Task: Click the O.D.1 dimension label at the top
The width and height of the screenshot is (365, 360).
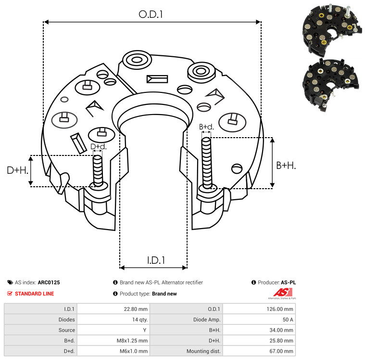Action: click(151, 14)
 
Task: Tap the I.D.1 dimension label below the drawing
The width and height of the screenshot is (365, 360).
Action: click(156, 260)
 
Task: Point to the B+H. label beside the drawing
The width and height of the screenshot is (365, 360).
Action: click(286, 166)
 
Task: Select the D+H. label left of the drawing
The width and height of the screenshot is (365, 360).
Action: click(17, 170)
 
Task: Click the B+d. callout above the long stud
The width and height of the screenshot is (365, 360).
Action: click(206, 127)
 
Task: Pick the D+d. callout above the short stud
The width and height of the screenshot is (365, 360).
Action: click(99, 147)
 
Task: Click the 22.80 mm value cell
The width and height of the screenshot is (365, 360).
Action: click(136, 309)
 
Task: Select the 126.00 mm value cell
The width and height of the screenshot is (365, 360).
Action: click(280, 309)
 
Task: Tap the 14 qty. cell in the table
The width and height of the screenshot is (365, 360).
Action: click(140, 320)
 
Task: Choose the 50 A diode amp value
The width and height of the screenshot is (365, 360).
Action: click(288, 320)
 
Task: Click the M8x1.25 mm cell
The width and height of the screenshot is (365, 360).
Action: click(132, 341)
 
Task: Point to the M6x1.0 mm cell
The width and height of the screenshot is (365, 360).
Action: click(134, 351)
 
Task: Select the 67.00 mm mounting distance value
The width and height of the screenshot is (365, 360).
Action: click(281, 351)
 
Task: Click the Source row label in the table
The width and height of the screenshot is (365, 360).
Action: click(66, 330)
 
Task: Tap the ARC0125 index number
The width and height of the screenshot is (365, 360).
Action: click(49, 283)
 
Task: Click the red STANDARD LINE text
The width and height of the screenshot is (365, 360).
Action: click(35, 294)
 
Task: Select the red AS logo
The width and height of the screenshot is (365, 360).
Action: click(282, 294)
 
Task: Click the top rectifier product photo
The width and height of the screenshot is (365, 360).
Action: click(332, 30)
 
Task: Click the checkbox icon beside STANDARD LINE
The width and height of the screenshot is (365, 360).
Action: click(10, 294)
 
